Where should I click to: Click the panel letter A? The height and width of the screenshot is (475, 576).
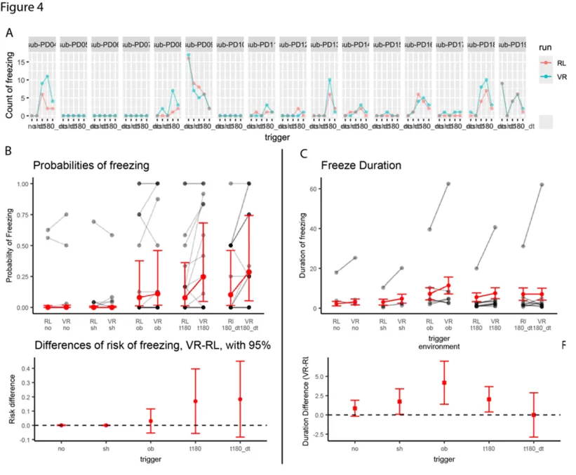click(x=9, y=33)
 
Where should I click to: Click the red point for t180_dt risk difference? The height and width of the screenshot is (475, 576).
click(x=239, y=399)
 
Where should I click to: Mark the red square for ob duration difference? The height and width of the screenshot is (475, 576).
click(x=445, y=383)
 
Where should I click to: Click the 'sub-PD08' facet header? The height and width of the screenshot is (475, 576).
click(x=168, y=44)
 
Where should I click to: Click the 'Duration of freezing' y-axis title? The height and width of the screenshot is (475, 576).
click(x=303, y=245)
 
